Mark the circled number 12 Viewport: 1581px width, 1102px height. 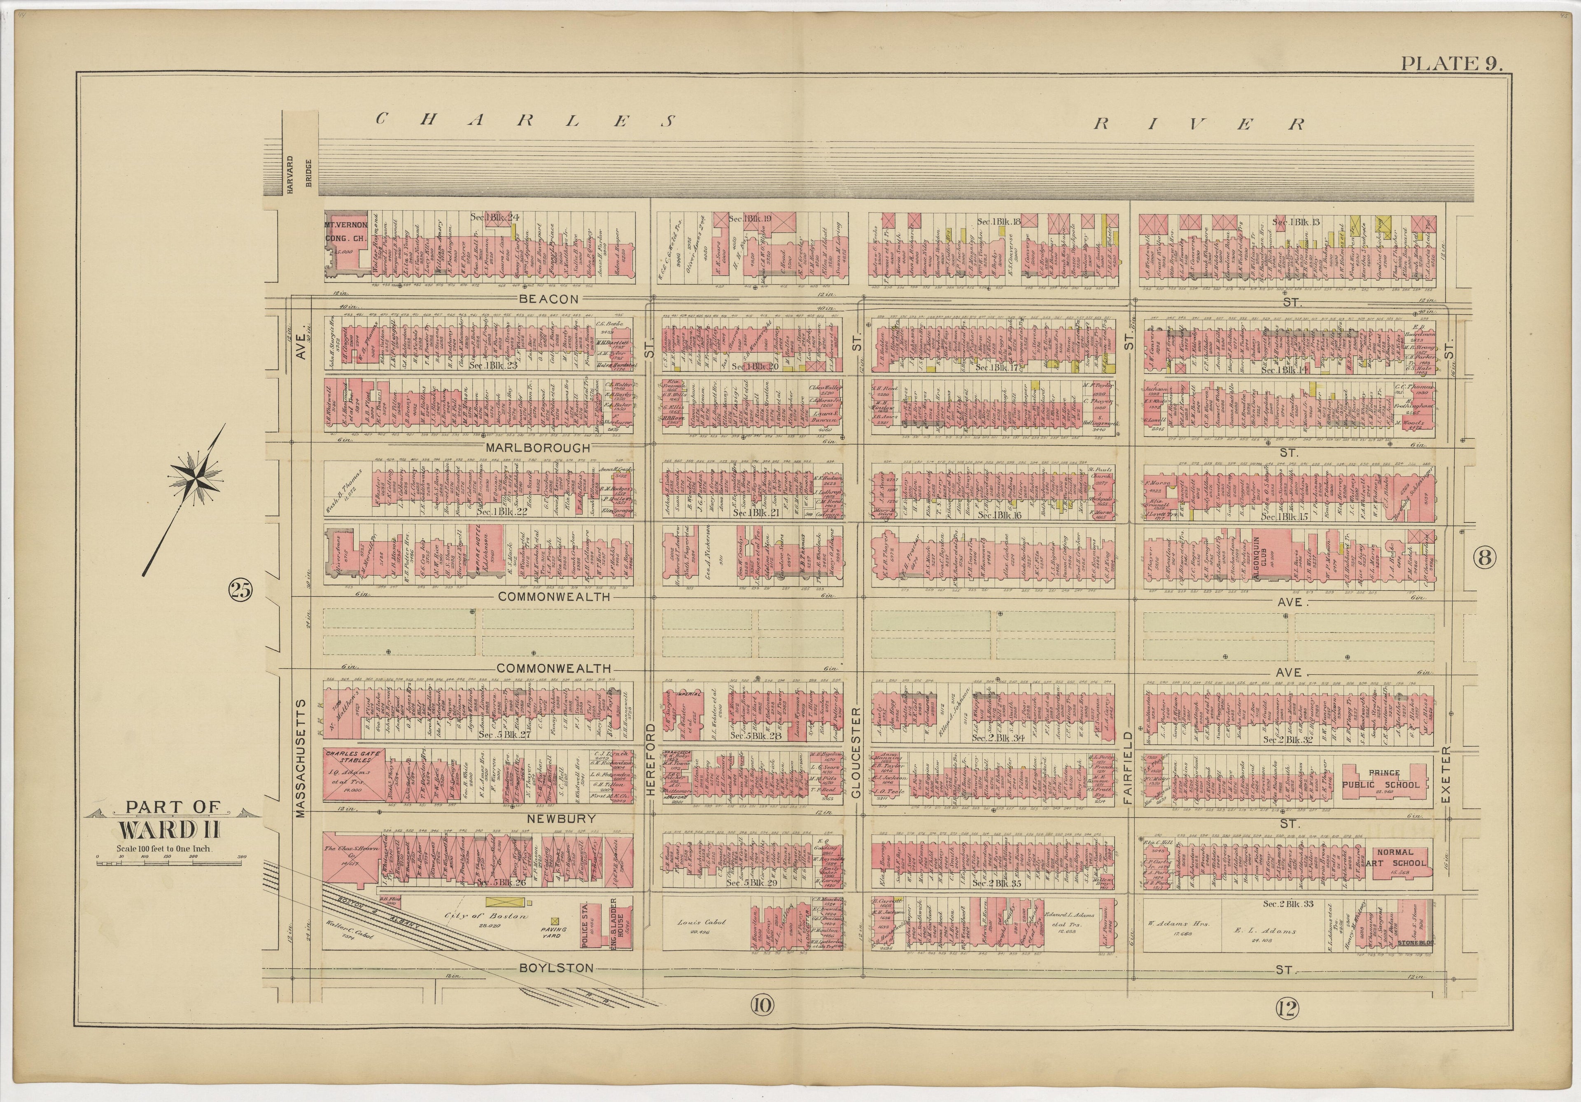click(x=1286, y=1009)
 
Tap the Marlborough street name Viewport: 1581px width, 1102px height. click(x=538, y=447)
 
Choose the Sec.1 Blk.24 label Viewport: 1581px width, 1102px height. click(x=495, y=216)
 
